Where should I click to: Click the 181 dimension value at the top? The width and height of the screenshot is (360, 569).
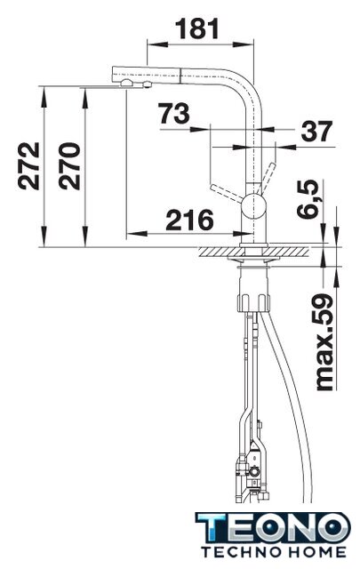(197, 29)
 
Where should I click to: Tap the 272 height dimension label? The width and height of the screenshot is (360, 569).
(29, 166)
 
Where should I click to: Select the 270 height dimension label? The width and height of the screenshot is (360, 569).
(69, 166)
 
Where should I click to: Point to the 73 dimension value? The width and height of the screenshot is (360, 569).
(174, 114)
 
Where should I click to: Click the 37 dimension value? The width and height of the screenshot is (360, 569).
(316, 131)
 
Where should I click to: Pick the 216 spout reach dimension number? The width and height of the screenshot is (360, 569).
(190, 220)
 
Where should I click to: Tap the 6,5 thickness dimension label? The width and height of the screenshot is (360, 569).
(308, 199)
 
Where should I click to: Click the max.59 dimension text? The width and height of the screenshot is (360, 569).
(324, 342)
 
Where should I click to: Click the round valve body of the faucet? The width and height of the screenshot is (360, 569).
(254, 205)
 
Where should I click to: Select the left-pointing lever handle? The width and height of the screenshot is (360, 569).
(226, 194)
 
